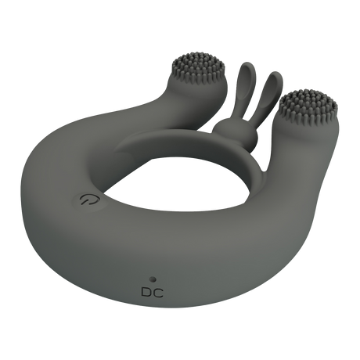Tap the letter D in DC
(147, 293)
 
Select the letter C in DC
(159, 293)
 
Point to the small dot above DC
(153, 279)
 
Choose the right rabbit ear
(269, 95)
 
